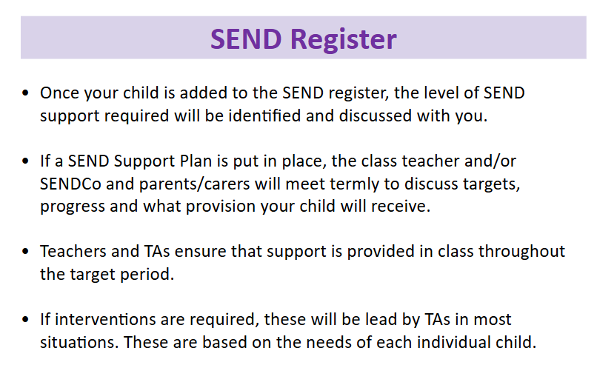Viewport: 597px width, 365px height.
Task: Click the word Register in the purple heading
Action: (x=344, y=40)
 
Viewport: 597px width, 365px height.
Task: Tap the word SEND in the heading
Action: (x=246, y=39)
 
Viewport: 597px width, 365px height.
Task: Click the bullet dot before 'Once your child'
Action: (x=25, y=93)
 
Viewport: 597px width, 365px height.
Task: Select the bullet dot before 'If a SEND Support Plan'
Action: (x=25, y=161)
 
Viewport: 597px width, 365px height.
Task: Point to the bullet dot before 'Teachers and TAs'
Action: (x=25, y=251)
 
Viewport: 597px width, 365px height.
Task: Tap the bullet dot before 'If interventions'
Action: (x=25, y=319)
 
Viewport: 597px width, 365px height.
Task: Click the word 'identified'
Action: (x=264, y=115)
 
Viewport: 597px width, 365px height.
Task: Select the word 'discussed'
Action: (x=376, y=115)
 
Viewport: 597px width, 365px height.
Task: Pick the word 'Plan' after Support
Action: (x=196, y=161)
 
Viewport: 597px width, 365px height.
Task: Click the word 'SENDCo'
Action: (x=70, y=184)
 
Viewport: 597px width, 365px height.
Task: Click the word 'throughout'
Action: (x=521, y=252)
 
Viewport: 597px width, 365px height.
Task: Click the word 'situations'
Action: (x=77, y=342)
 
